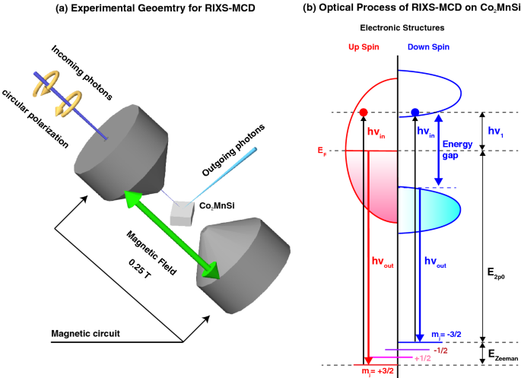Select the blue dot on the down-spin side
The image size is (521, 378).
pos(415,113)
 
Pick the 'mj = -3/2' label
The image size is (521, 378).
pos(445,337)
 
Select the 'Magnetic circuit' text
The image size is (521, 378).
pos(83,333)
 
